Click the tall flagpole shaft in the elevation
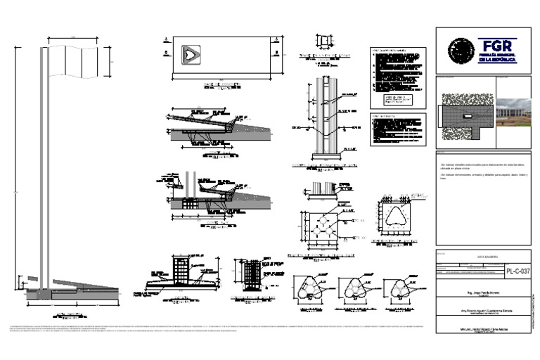click(44, 176)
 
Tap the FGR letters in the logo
click(497, 43)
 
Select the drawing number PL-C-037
click(517, 271)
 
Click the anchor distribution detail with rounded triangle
click(398, 218)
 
